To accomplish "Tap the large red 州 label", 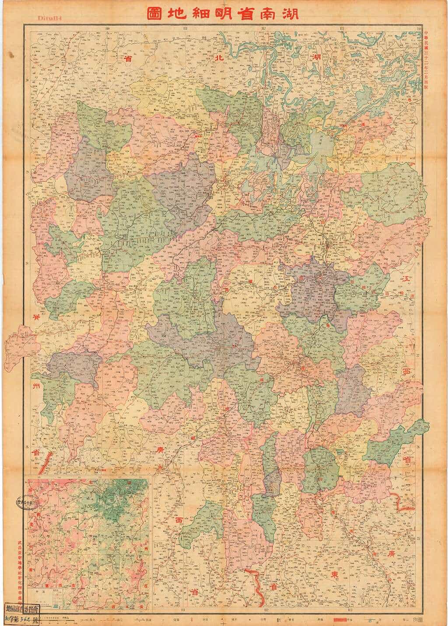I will [x=35, y=387].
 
